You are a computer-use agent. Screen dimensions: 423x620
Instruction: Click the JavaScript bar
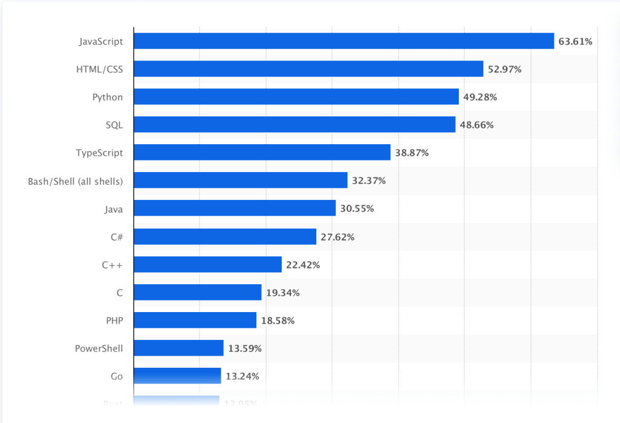coord(344,41)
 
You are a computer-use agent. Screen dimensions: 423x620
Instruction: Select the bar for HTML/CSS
coord(308,69)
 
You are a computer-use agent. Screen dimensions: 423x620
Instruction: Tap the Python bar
coord(296,97)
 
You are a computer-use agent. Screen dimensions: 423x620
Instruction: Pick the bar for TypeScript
coord(262,153)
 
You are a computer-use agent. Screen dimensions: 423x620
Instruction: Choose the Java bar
coord(235,208)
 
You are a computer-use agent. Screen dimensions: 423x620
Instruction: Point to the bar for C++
coord(207,265)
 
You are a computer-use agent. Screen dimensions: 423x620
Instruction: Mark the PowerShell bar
coord(178,348)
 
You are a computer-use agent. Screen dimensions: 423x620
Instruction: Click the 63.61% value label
coord(575,41)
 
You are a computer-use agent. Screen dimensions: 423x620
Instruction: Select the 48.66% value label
coord(477,125)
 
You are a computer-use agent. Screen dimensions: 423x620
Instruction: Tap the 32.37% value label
coord(368,181)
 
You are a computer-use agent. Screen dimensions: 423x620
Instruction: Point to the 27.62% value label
coord(338,237)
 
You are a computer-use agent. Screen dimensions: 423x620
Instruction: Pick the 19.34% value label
coord(282,293)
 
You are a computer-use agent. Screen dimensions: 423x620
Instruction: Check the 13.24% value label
coord(242,376)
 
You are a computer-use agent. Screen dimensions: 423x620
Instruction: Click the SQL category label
coord(114,125)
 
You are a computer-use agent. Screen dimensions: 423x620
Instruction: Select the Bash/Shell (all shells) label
coord(75,181)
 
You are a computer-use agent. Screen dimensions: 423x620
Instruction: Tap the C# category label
coord(116,237)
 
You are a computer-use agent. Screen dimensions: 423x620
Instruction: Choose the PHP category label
coord(114,321)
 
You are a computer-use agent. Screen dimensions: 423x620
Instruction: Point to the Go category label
coord(116,376)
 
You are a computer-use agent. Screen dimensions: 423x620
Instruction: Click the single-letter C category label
coord(119,293)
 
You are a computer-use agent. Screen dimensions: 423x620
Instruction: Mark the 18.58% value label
coord(278,321)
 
